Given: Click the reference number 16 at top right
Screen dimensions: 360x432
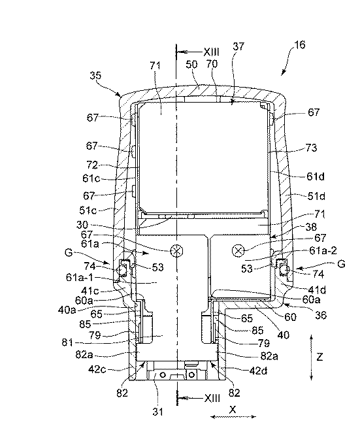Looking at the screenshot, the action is pos(300,44).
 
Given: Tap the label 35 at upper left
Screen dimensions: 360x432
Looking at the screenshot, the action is pos(96,75).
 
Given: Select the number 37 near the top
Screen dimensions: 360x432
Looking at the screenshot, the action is pos(238,46).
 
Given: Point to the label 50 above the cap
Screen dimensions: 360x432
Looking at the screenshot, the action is pos(191,65).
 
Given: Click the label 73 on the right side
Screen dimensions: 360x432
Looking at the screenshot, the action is pos(311,148).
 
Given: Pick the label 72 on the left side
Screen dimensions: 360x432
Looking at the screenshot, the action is pos(92,165).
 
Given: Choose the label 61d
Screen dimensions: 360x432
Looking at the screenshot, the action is pos(316,176).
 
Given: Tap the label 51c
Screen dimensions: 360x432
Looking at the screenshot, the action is pos(88,210).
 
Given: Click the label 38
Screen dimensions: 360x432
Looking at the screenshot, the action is pos(311,227).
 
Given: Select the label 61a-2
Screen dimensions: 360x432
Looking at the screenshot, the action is pos(323,250).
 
